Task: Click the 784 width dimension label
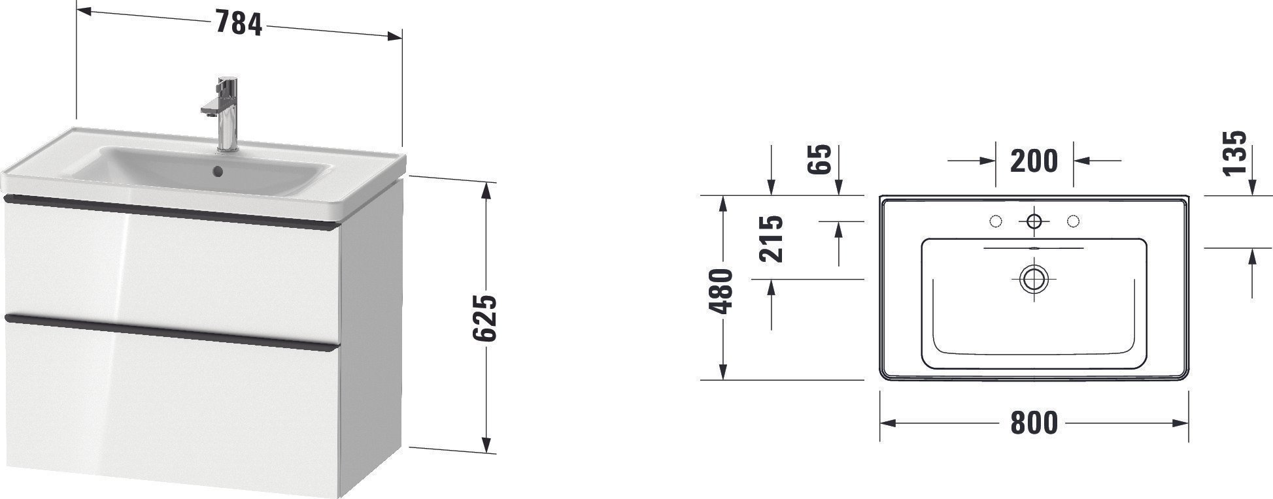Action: [x=239, y=25]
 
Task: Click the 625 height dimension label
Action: [x=485, y=318]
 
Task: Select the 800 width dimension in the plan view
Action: [x=1034, y=423]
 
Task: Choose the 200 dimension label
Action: [x=1034, y=161]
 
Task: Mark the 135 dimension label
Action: [x=1234, y=153]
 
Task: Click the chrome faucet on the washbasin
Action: [x=224, y=114]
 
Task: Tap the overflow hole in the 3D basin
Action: [x=218, y=172]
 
